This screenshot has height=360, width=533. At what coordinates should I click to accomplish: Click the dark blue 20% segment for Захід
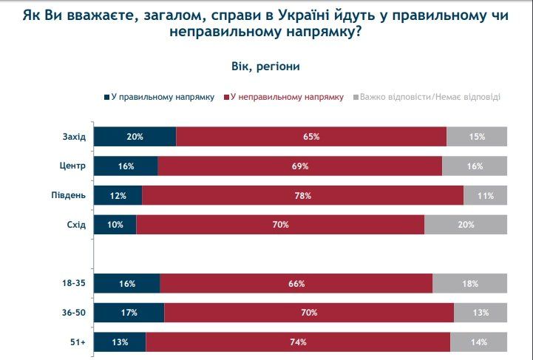(x=135, y=137)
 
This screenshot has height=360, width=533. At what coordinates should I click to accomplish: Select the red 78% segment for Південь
(x=302, y=195)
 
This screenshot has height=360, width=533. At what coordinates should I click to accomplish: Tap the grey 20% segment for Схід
(x=466, y=225)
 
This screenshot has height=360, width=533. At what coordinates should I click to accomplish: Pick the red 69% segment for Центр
(x=299, y=166)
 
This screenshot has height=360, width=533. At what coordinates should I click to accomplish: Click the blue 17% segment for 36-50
(x=129, y=313)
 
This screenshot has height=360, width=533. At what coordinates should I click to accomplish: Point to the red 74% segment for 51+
(x=298, y=342)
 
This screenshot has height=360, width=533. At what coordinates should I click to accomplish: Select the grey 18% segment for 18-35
(x=470, y=283)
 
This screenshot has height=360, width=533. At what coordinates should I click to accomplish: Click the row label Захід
(x=74, y=137)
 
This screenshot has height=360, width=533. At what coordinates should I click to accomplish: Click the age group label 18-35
(x=74, y=283)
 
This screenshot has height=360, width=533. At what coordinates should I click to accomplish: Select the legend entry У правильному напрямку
(x=159, y=97)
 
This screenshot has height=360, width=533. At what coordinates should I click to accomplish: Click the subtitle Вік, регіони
(x=265, y=66)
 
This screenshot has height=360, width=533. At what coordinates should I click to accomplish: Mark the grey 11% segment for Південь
(x=486, y=195)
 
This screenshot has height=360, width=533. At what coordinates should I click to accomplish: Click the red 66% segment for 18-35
(x=296, y=283)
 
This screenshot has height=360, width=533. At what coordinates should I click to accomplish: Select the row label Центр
(x=74, y=166)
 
